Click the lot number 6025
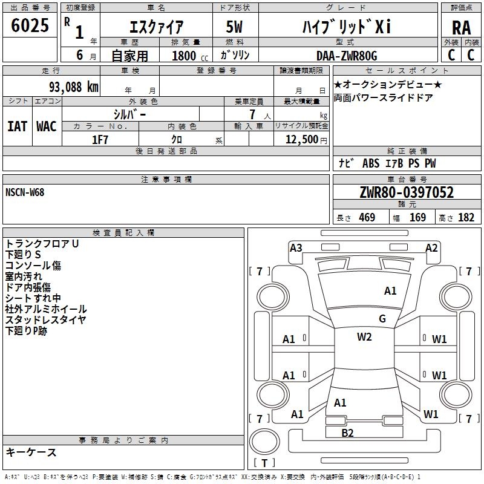[x=30, y=25]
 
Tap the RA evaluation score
[x=461, y=27]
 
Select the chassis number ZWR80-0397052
[x=406, y=192]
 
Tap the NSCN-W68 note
[x=25, y=192]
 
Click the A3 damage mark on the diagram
[x=296, y=247]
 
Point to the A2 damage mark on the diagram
[x=431, y=247]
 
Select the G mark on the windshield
[x=382, y=319]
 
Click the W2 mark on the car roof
[x=364, y=337]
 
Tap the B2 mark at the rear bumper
[x=347, y=433]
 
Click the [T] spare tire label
[x=264, y=463]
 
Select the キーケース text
[x=31, y=452]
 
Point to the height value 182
[x=466, y=218]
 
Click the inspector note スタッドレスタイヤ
[x=46, y=320]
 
